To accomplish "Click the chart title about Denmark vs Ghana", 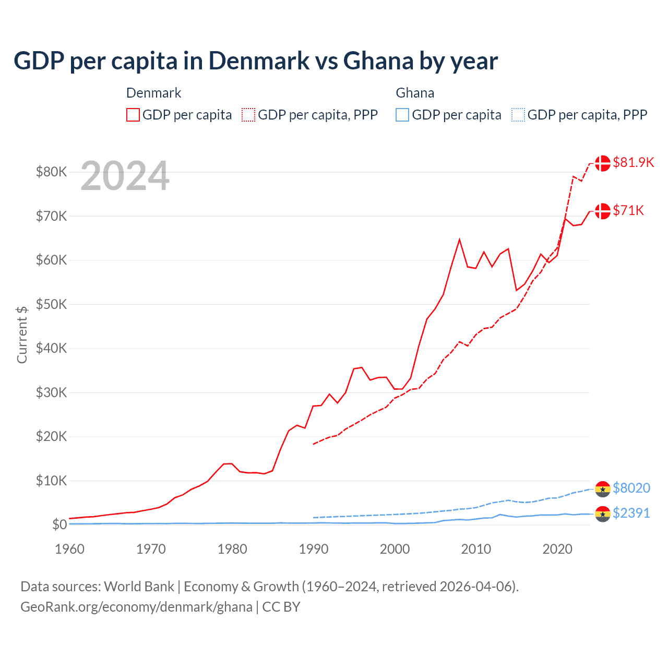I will coord(256,61).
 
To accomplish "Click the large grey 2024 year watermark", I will coord(125,176).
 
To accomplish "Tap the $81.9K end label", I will coord(633,162).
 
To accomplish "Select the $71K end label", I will coord(628,210).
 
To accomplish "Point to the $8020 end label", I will coord(631,488).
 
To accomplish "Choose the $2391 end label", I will coord(631,513).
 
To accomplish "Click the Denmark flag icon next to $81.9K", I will coord(603,163).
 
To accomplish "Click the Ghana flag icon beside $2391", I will coord(603,514).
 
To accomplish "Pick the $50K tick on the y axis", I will coord(51,304).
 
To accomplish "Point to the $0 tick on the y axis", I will coord(59,524).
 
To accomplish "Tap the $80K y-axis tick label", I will coord(51,172).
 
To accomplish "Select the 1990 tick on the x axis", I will coord(314,549).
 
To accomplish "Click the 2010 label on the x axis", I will coord(476,549).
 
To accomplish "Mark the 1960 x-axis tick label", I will coord(70,549).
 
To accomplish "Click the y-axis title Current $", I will coord(22,335).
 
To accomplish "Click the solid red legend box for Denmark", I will coord(133,115).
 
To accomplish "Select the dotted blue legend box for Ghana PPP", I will coord(518,115).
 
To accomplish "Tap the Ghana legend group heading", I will coord(415,93).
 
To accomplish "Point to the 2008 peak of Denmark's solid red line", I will coord(459,240).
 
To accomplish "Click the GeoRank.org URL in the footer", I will coord(136,607).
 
